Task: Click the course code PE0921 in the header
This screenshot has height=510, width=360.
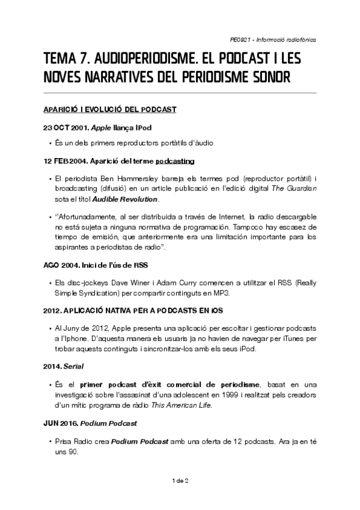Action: pos(242,40)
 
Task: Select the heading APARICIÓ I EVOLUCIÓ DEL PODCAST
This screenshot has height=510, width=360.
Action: pos(110,109)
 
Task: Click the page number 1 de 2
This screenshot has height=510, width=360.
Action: pos(180,481)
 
